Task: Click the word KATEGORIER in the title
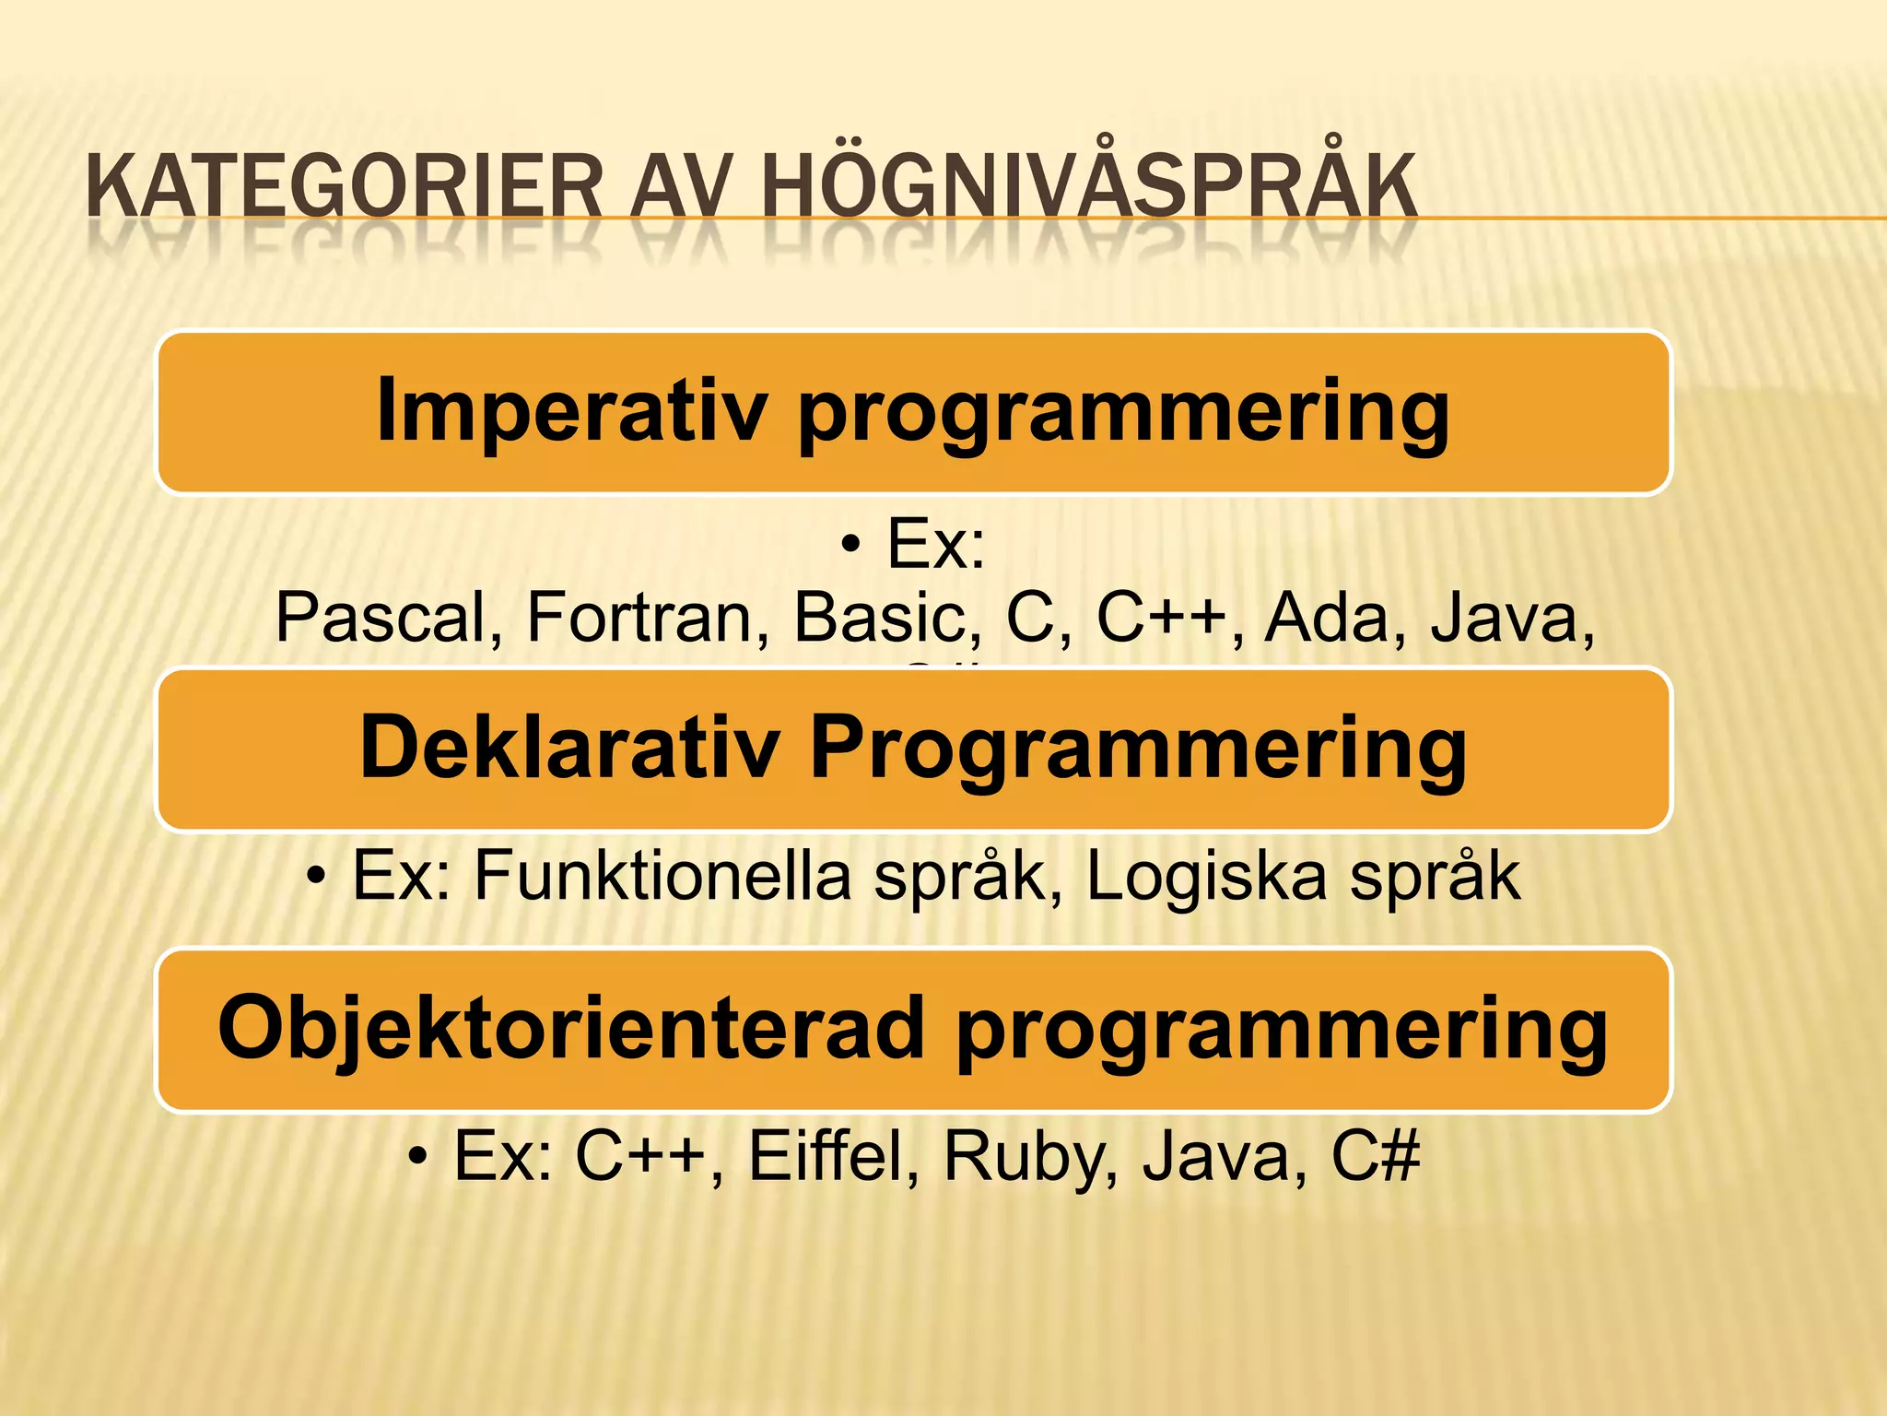pyautogui.click(x=345, y=187)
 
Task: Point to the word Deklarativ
pyautogui.click(x=569, y=748)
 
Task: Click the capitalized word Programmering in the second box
pyautogui.click(x=1138, y=749)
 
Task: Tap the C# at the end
pyautogui.click(x=1376, y=1156)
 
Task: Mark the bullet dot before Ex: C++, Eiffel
pyautogui.click(x=418, y=1156)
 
